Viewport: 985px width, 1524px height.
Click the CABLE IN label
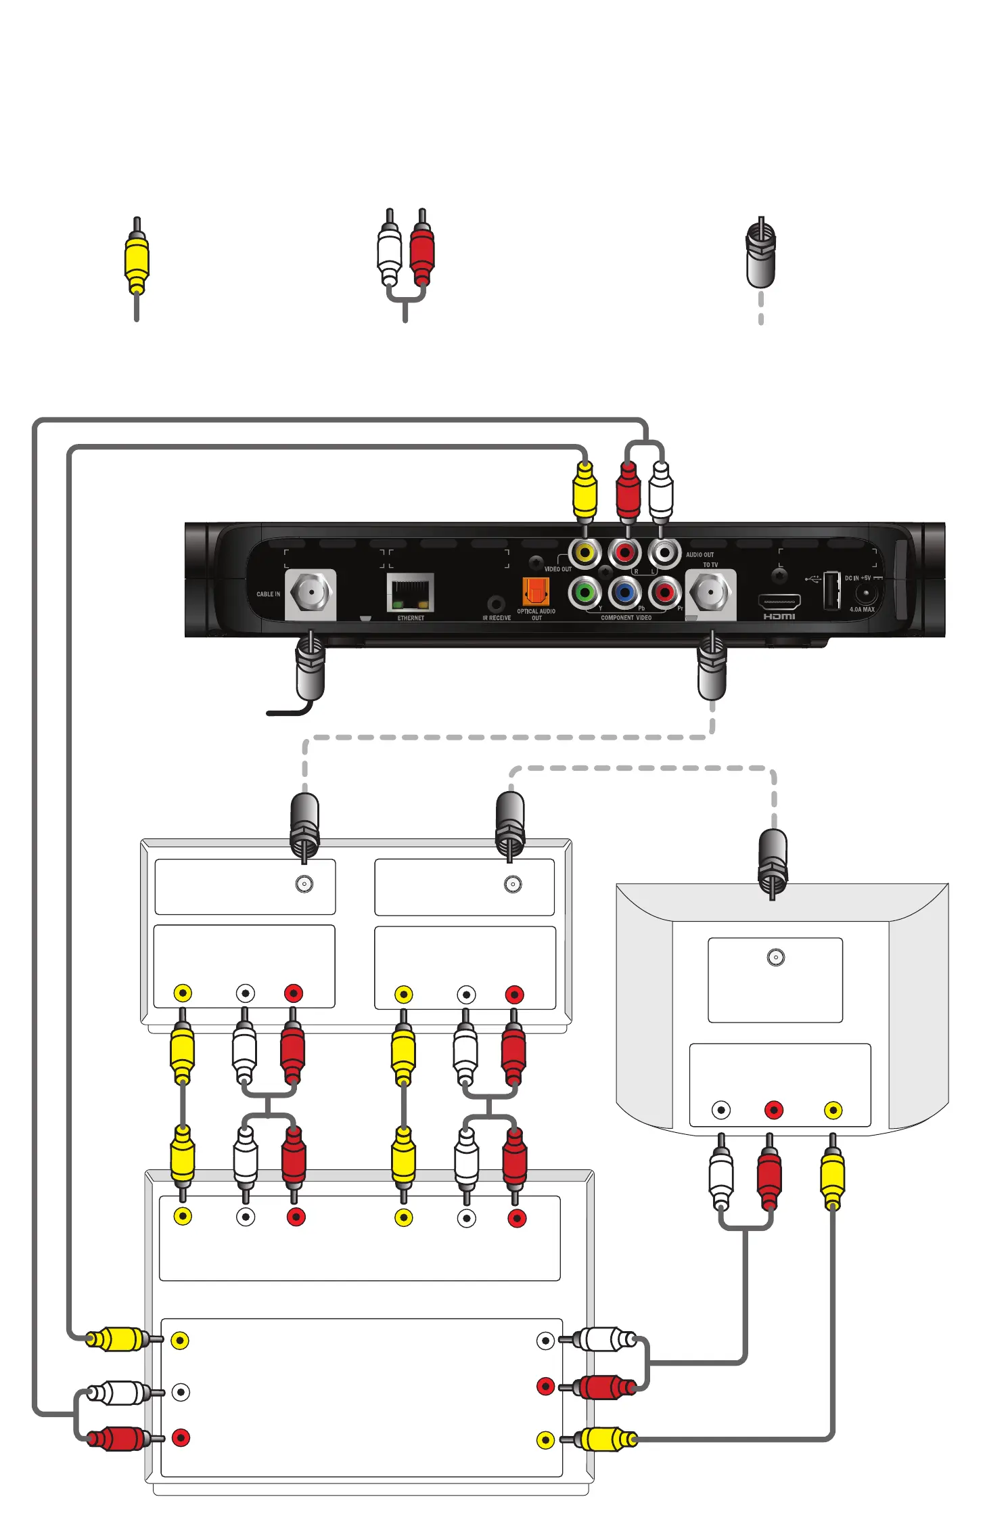click(268, 594)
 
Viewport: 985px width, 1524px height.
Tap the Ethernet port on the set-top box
click(410, 593)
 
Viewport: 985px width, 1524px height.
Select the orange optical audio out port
click(535, 591)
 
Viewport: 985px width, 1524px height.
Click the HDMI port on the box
click(779, 601)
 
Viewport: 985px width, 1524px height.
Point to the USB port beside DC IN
click(831, 591)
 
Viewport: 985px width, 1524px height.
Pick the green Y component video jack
click(585, 593)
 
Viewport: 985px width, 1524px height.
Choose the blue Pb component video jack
click(624, 593)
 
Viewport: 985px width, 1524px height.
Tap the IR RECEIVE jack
click(497, 603)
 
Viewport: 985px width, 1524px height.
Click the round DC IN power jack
click(865, 595)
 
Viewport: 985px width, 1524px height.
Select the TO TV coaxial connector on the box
click(710, 593)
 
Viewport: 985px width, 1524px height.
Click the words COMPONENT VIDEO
click(626, 618)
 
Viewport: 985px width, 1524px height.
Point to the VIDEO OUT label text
click(557, 569)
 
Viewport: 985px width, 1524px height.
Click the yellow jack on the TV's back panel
click(833, 1110)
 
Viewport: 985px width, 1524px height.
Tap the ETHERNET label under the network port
click(411, 618)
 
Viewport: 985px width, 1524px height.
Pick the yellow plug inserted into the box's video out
click(585, 490)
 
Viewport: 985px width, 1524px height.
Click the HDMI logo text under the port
click(779, 617)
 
